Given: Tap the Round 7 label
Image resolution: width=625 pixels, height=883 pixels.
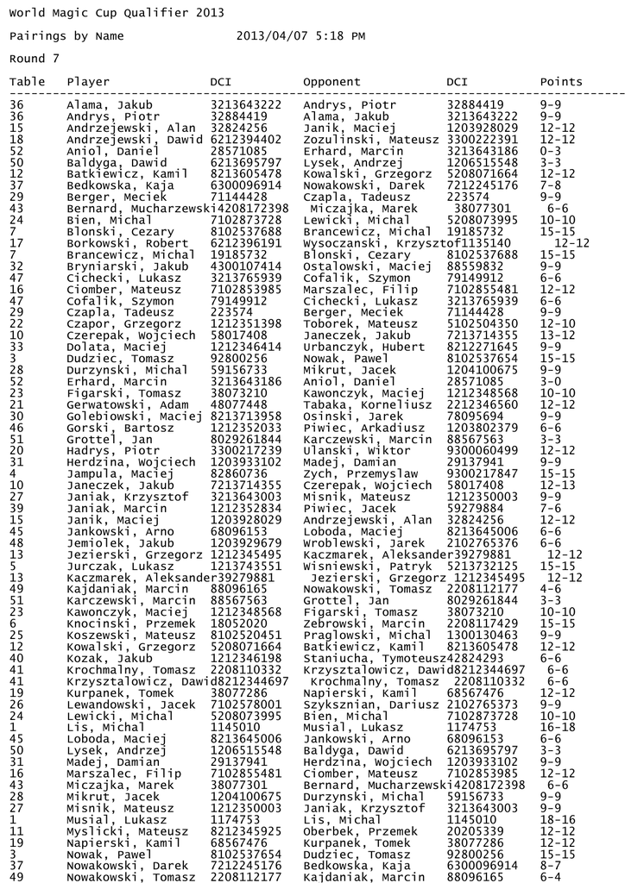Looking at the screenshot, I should tap(34, 59).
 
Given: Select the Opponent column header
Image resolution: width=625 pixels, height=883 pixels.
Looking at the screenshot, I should tap(331, 82).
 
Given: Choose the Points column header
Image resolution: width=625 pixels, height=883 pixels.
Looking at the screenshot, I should tap(561, 82).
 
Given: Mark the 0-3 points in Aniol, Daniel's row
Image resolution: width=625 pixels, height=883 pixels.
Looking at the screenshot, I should tap(550, 151).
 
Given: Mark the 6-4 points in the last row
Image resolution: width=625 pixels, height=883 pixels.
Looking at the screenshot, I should tap(550, 877).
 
